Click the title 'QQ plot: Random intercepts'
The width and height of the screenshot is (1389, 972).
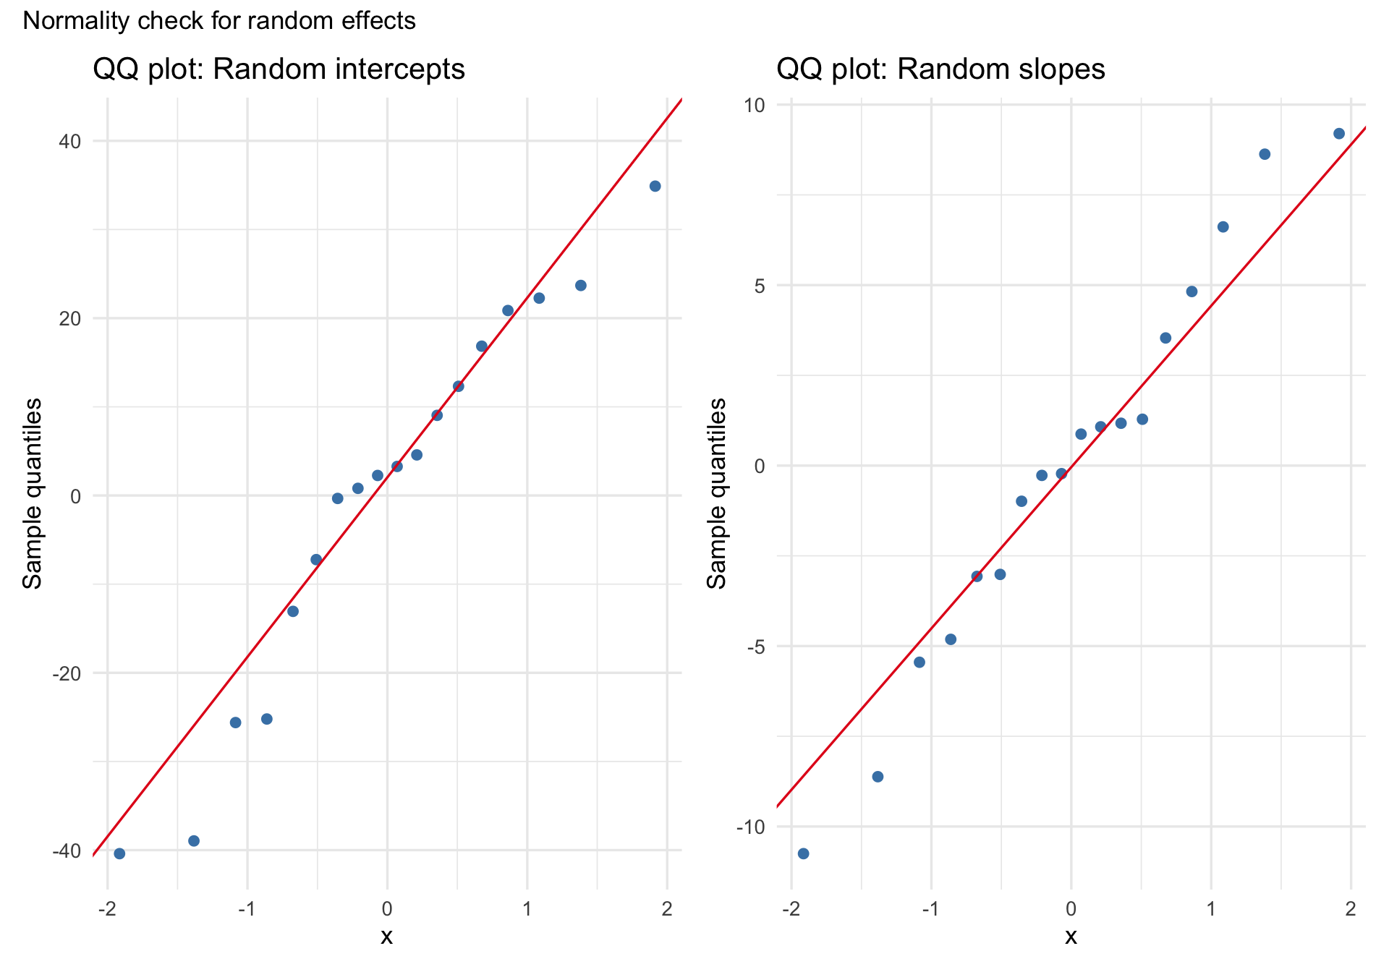279,69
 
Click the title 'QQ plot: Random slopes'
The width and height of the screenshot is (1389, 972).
940,69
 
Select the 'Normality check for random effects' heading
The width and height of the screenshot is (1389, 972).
219,21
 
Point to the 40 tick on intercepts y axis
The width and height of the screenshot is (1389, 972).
70,141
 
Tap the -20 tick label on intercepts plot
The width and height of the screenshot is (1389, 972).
67,673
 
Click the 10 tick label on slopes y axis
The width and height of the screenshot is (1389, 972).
755,105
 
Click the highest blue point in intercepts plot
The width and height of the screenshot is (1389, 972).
655,186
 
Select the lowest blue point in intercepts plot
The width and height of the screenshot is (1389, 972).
119,853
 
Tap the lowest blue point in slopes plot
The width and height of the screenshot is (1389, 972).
803,853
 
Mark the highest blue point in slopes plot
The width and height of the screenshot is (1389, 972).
1338,134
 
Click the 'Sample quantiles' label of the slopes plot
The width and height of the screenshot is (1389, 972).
717,493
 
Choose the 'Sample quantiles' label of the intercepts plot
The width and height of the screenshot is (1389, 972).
33,493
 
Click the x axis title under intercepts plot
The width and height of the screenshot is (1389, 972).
387,937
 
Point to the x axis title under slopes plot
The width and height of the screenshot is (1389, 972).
1071,937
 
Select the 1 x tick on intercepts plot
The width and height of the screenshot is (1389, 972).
527,909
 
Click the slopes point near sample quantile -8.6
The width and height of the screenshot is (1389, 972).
878,777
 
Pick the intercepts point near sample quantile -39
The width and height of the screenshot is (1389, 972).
193,840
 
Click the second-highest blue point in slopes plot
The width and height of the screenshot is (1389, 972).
1265,154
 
